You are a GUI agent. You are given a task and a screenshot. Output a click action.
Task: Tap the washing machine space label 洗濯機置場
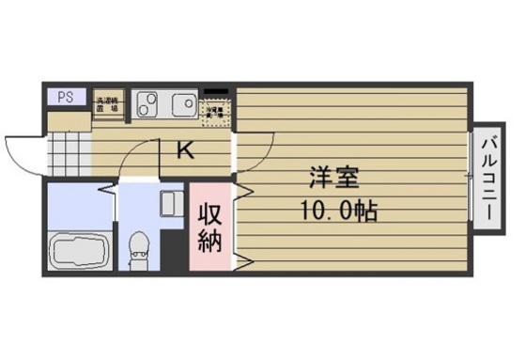point(108,103)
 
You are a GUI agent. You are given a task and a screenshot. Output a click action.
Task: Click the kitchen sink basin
point(182,102)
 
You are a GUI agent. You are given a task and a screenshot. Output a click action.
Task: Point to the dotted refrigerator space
point(216,112)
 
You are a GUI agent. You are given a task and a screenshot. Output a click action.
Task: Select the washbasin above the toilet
point(171,204)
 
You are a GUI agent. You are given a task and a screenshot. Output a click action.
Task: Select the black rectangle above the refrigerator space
point(217,92)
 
